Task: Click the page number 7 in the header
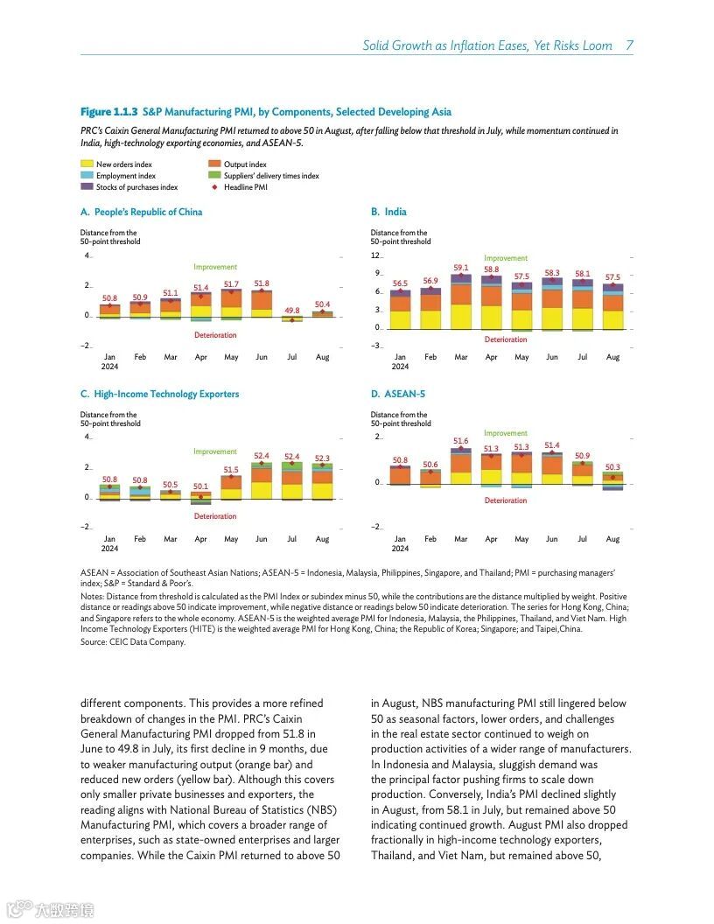[629, 45]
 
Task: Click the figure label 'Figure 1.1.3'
[108, 112]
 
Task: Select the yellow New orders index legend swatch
[87, 164]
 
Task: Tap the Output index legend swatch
[214, 164]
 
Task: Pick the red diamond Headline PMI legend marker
[214, 186]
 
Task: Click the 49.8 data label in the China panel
[292, 311]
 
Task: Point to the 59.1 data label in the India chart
[461, 268]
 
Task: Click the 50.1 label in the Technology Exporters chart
[201, 486]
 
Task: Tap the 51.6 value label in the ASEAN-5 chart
[461, 441]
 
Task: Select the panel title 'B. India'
[388, 212]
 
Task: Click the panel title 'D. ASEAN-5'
[398, 394]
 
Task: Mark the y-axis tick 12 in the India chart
[376, 255]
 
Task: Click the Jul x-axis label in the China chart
[292, 357]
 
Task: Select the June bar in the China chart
[262, 300]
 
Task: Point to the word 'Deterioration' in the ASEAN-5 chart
[506, 500]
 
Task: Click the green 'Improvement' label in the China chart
[215, 267]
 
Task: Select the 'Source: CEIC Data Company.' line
[133, 641]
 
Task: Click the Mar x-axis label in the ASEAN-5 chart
[461, 539]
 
